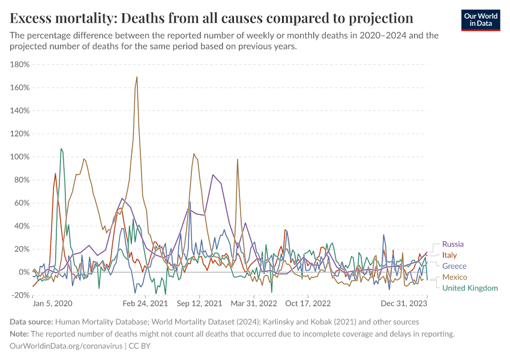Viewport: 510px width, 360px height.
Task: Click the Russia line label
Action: pyautogui.click(x=453, y=244)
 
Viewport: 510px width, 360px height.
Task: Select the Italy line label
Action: pyautogui.click(x=449, y=255)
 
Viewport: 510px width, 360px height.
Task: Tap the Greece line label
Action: pyautogui.click(x=454, y=266)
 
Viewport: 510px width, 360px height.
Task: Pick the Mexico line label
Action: pyautogui.click(x=455, y=277)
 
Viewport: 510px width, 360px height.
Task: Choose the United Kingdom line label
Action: pyautogui.click(x=470, y=288)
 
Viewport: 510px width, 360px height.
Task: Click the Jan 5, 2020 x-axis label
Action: pyautogui.click(x=52, y=304)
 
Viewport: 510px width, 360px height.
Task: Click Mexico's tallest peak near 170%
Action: pyautogui.click(x=137, y=77)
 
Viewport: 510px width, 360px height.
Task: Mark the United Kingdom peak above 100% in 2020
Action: pyautogui.click(x=61, y=149)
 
